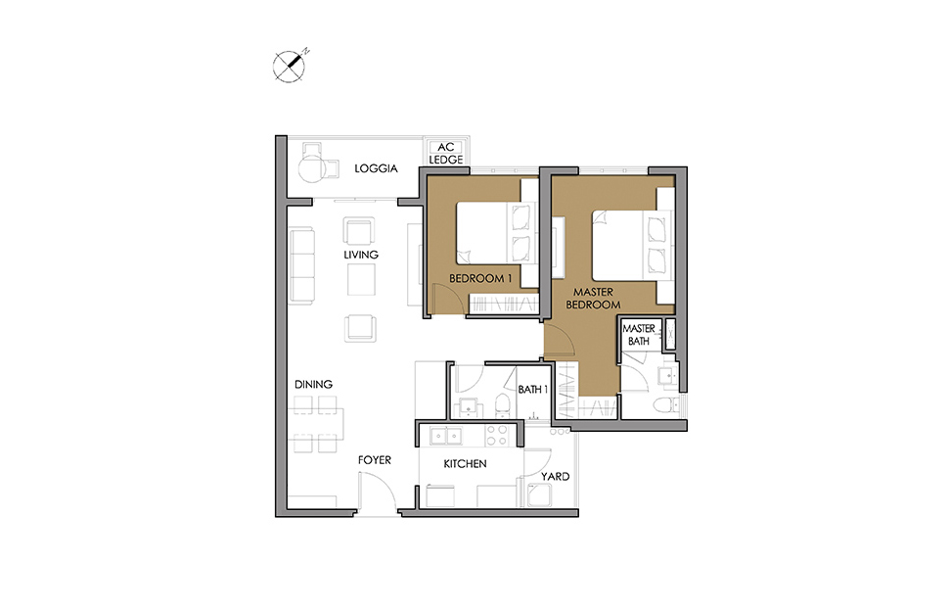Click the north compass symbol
[x=290, y=66]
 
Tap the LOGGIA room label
[x=376, y=168]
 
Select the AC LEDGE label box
[x=446, y=153]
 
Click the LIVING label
[x=361, y=255]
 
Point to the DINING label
[x=313, y=385]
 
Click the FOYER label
[x=374, y=460]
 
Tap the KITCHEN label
[x=465, y=464]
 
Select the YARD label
[x=555, y=477]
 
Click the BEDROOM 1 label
[x=480, y=278]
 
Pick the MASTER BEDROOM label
[x=593, y=299]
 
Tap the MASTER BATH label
[x=639, y=335]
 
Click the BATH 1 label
[x=532, y=390]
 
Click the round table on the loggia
[x=312, y=167]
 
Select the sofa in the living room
[x=302, y=265]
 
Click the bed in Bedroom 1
[x=496, y=233]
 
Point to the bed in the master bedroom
[x=632, y=245]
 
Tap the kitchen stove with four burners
[x=497, y=435]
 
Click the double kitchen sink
[x=446, y=435]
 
